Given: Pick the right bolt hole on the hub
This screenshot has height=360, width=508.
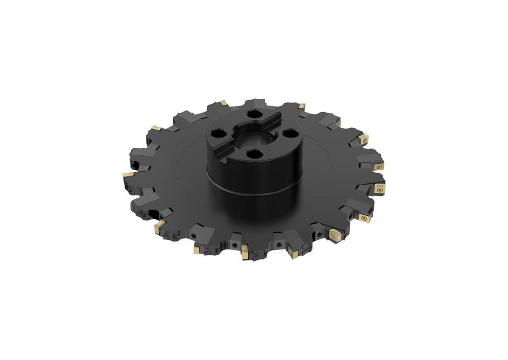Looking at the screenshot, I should coord(289,133).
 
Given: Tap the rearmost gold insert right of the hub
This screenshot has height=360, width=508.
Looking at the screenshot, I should coord(302,106).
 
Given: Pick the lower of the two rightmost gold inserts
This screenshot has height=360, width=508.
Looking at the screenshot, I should coord(381,189).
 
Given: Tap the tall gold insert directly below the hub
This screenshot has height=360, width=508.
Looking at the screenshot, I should coord(245,253).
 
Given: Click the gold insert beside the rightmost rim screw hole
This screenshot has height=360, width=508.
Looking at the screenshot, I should coord(365,218).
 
